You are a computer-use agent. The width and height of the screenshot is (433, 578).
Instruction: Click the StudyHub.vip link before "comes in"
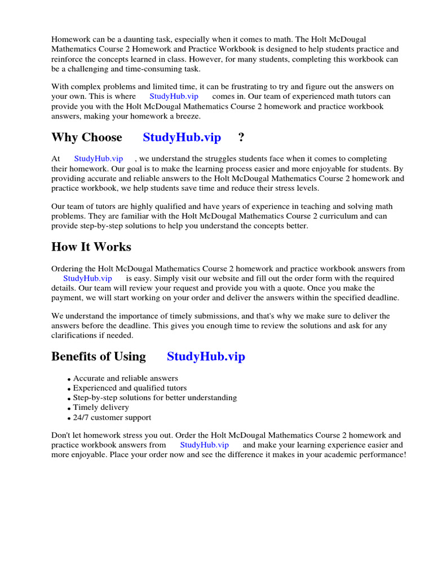coord(174,97)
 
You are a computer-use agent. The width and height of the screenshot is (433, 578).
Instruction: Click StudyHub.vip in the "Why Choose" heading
coord(182,138)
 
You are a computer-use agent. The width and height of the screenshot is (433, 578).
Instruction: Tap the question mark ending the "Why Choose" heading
coord(241,138)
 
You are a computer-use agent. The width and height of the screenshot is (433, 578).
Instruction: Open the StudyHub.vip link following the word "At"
coord(98,159)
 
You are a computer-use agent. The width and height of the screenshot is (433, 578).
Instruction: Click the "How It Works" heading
coord(91,247)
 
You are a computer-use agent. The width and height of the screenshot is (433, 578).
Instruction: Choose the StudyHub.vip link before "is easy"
coord(87,278)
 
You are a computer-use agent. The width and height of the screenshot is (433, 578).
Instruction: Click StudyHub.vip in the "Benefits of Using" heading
coord(206,357)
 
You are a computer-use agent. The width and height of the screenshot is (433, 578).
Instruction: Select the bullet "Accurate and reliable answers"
coord(125,379)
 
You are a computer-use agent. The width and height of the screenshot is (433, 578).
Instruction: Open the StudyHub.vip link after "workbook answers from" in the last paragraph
coord(204,445)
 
